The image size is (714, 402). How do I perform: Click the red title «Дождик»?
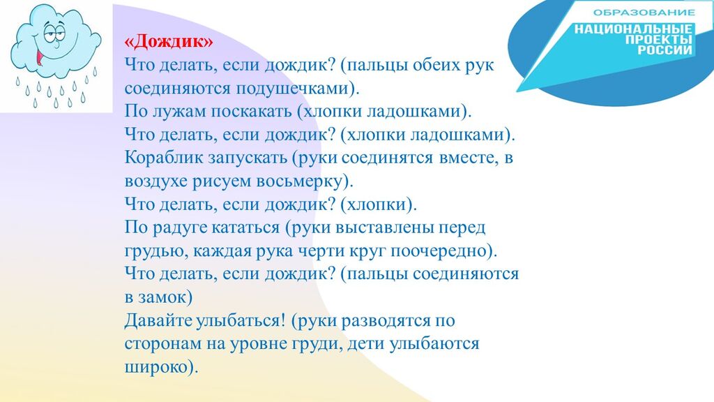(169, 42)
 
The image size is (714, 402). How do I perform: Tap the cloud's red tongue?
(40, 57)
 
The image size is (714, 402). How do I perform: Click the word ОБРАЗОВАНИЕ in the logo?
(644, 13)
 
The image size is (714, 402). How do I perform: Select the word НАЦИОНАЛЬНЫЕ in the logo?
(633, 29)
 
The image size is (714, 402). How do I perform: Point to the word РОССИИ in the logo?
(664, 50)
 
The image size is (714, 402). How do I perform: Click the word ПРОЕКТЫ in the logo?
(658, 39)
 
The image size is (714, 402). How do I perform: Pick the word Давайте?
(158, 320)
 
